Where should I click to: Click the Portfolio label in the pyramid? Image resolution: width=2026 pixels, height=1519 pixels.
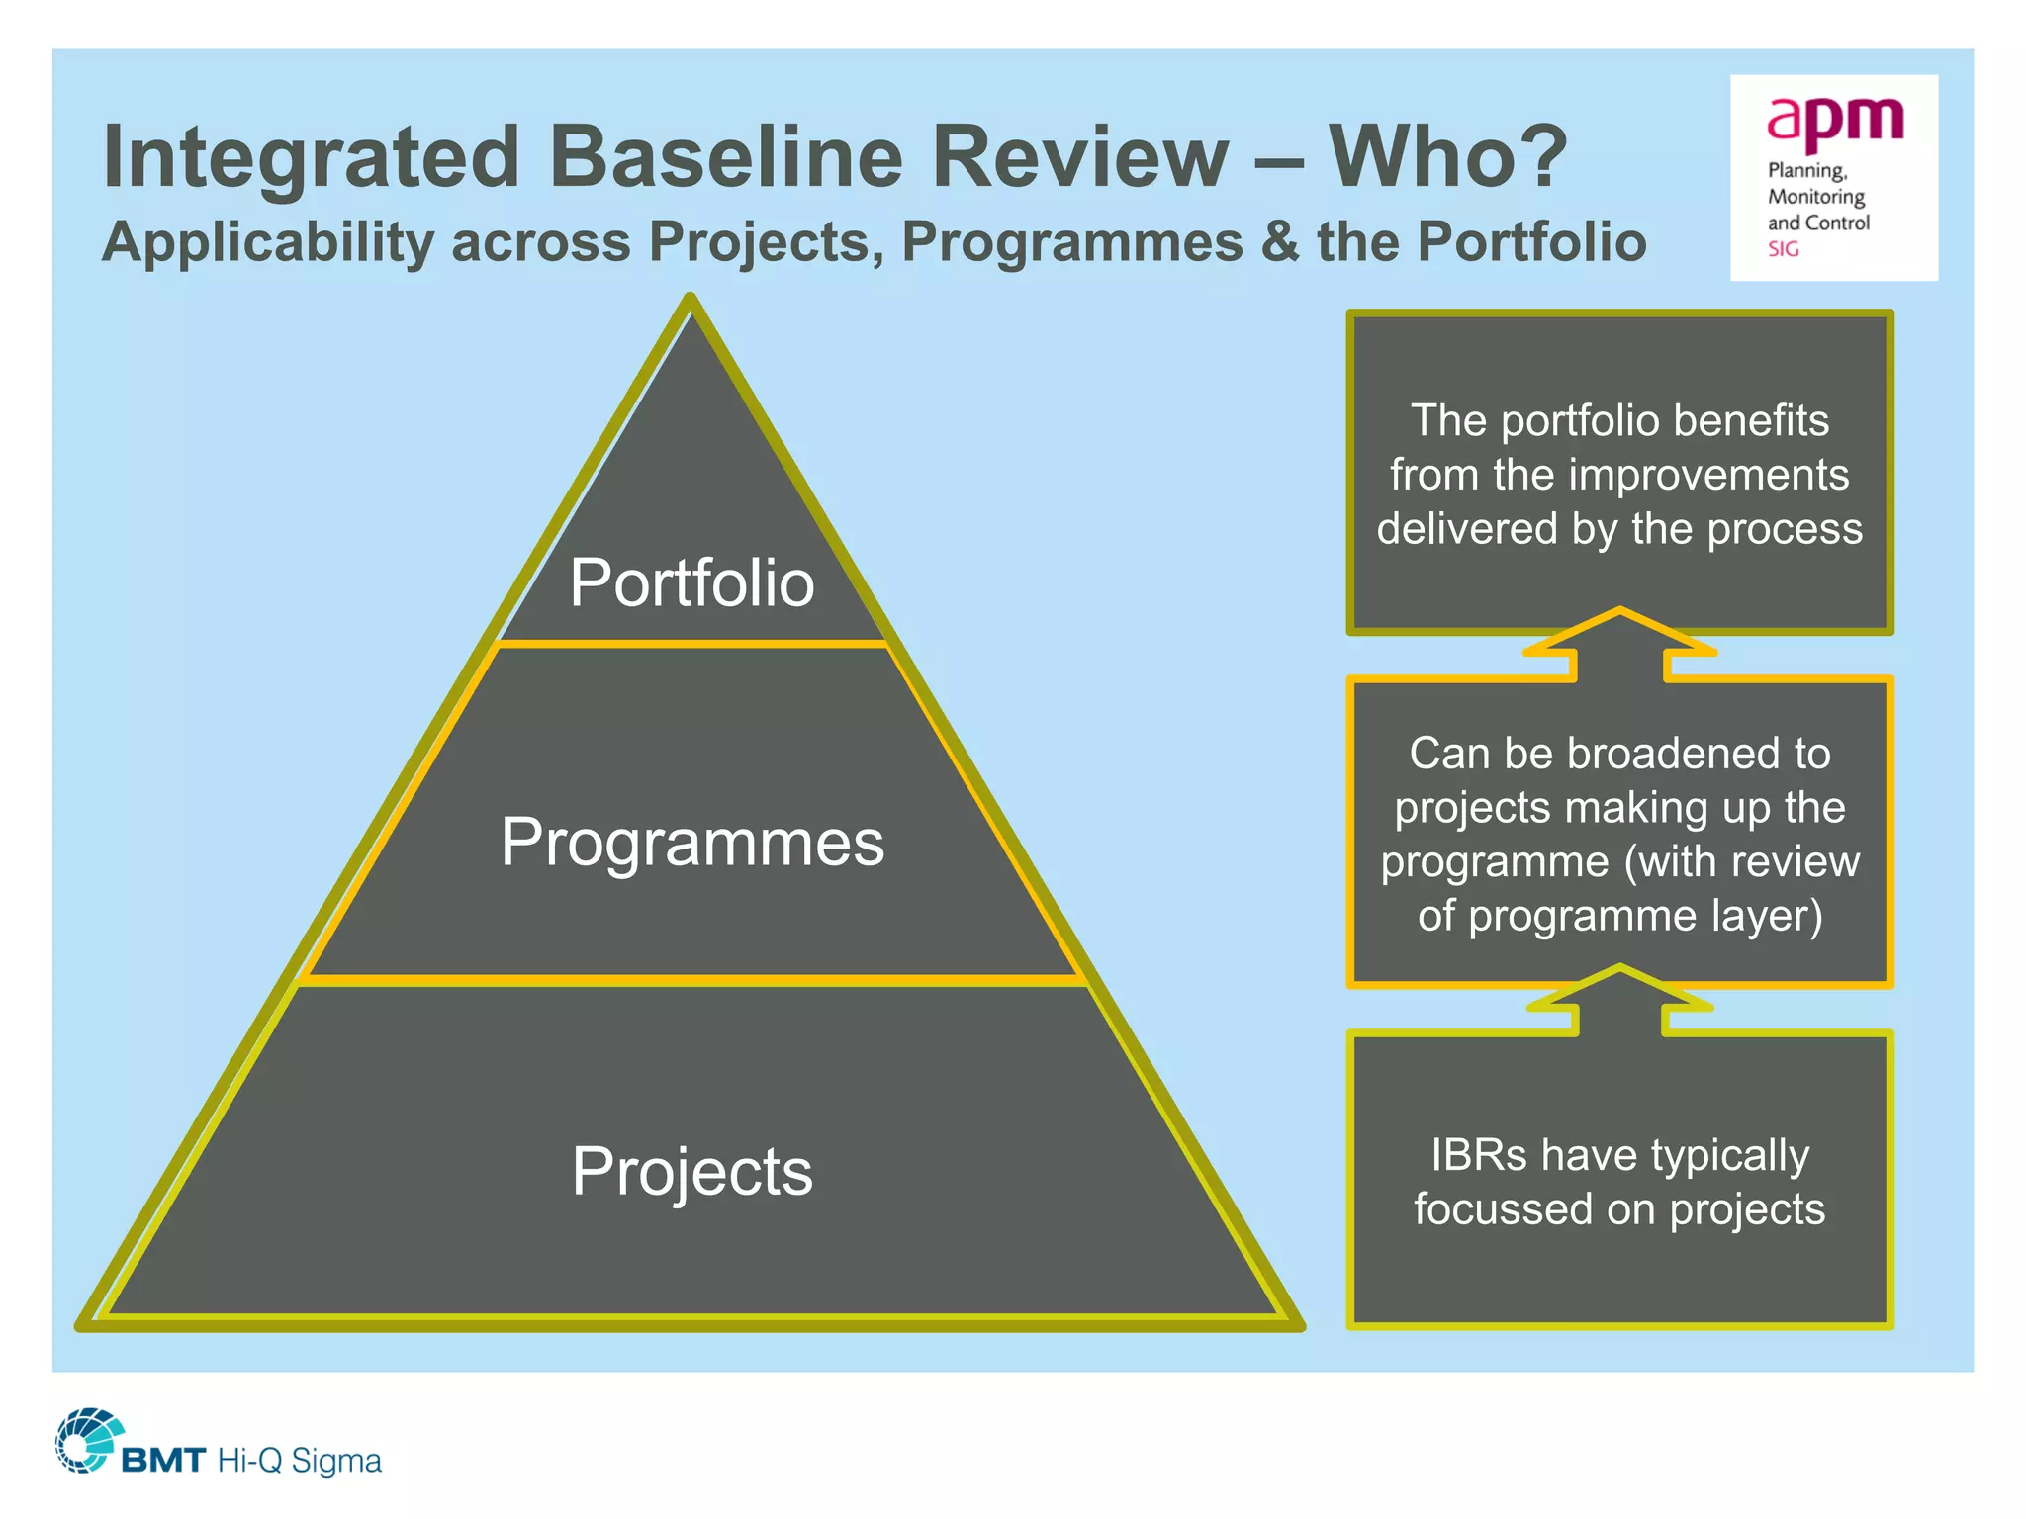[691, 582]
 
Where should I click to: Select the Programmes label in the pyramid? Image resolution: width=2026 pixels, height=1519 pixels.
[692, 843]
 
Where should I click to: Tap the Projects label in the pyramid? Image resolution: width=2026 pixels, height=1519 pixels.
[692, 1172]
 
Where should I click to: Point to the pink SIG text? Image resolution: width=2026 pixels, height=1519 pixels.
[1784, 249]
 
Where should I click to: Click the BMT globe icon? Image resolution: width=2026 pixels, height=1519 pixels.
[87, 1440]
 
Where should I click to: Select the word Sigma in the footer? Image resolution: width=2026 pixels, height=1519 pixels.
[336, 1461]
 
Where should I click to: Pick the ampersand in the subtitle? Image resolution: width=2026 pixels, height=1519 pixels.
[1280, 242]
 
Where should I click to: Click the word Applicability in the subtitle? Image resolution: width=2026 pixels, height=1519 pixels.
[268, 242]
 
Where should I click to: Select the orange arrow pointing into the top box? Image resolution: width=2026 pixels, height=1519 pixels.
[1619, 643]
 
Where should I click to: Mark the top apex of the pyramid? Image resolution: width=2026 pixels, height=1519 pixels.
[691, 300]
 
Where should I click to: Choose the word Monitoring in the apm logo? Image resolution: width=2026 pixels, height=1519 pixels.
[1816, 197]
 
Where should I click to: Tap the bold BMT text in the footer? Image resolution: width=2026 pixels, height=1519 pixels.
[163, 1461]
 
